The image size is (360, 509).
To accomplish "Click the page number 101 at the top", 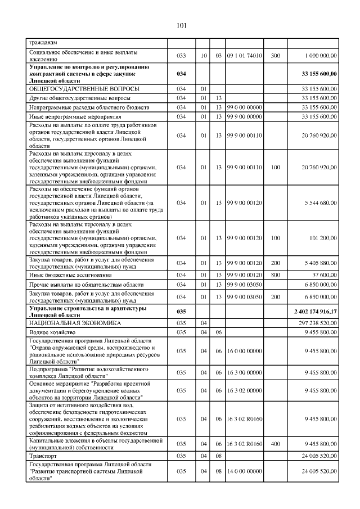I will click(181, 25).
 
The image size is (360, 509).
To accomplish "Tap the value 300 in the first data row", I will click(276, 56).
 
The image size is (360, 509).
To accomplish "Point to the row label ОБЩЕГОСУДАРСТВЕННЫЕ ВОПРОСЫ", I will click(84, 89).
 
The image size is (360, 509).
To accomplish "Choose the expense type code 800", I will click(276, 275).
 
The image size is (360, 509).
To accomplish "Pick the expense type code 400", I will click(276, 444).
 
